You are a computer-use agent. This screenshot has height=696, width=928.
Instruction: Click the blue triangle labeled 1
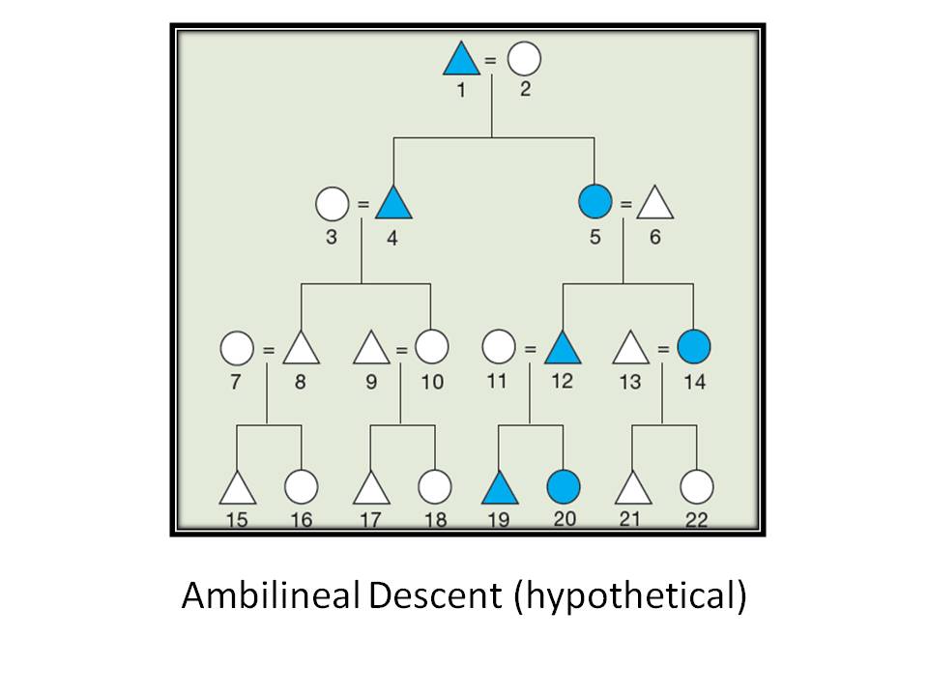click(461, 61)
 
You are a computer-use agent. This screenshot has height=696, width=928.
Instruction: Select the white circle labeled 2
click(524, 59)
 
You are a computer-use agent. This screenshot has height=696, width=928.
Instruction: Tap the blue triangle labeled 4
click(392, 204)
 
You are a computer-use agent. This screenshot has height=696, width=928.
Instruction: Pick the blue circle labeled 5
click(594, 203)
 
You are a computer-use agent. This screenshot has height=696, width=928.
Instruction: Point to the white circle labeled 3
click(332, 204)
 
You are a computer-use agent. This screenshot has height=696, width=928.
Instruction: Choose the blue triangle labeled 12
click(562, 348)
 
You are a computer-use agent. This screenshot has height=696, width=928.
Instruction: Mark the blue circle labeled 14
click(693, 346)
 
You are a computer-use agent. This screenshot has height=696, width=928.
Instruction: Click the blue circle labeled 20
click(563, 486)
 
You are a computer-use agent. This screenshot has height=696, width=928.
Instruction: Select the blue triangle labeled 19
click(500, 488)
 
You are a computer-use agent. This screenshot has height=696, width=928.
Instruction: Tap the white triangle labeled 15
click(237, 488)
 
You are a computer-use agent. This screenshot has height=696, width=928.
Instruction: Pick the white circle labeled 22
click(696, 486)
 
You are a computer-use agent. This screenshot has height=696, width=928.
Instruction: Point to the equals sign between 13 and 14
click(662, 348)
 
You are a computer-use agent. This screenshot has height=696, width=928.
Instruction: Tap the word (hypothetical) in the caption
click(630, 597)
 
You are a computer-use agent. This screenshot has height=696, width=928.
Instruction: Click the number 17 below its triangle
click(370, 520)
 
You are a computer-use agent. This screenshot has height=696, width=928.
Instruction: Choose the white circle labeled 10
click(432, 346)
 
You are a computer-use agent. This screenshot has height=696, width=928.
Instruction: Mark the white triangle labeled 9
click(370, 348)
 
